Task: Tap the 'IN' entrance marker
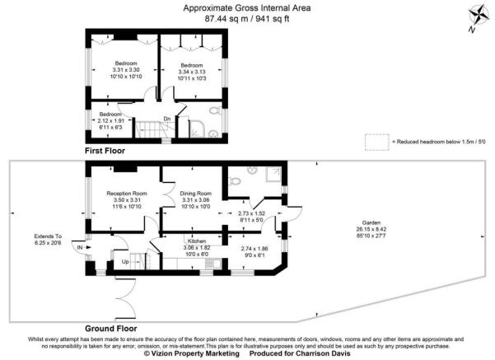79,247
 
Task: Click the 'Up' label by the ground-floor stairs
125,261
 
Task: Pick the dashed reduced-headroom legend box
376,142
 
